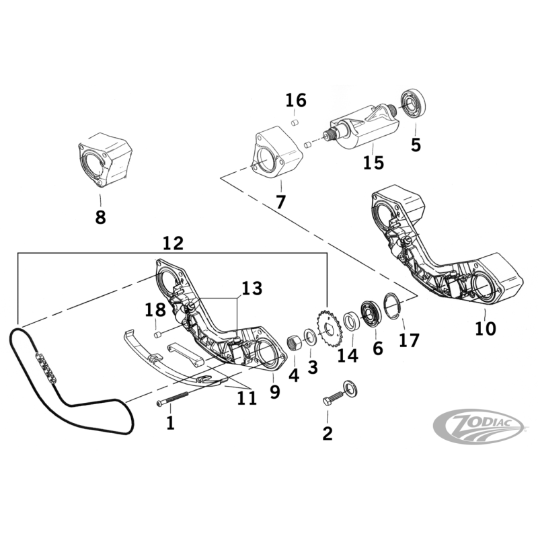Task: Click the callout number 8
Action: [100, 217]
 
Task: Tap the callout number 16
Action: [296, 101]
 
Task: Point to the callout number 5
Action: [416, 144]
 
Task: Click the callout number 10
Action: [485, 328]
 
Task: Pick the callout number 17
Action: [408, 341]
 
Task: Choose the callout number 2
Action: [328, 433]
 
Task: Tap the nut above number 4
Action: [293, 344]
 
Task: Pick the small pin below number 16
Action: [295, 123]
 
